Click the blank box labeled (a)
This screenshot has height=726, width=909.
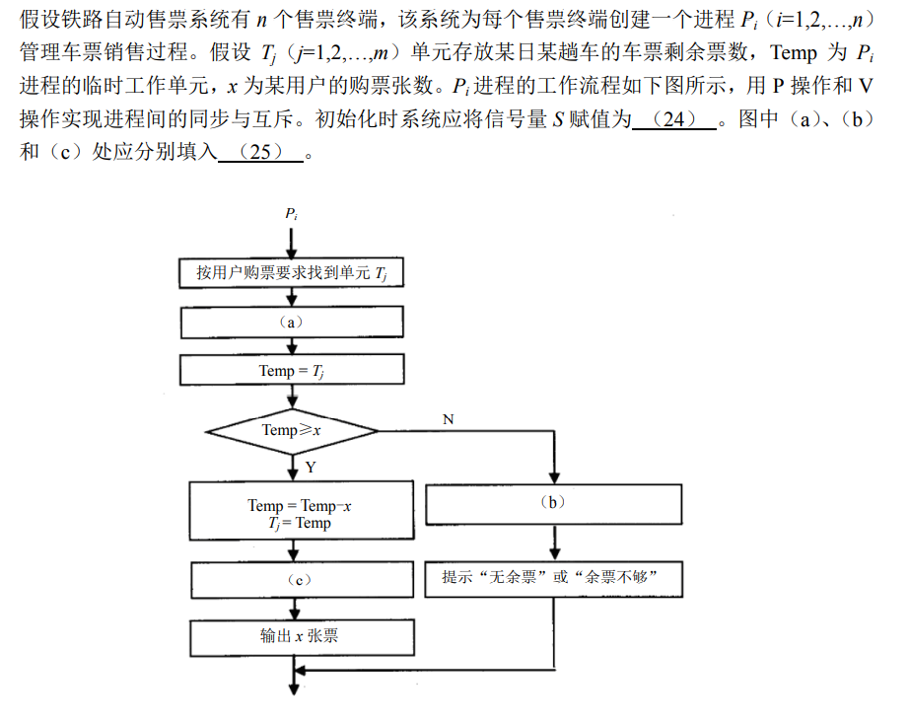[x=292, y=323]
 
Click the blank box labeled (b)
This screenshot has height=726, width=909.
[x=553, y=504]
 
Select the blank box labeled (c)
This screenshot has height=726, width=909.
[x=302, y=579]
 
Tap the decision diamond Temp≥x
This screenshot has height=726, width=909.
[x=292, y=430]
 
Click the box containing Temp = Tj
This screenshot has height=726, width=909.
[x=292, y=371]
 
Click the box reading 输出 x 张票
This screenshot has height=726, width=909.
[x=302, y=636]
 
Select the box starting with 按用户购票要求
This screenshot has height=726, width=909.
[x=292, y=272]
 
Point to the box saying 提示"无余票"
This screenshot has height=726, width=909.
[x=553, y=578]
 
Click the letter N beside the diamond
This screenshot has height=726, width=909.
[x=449, y=419]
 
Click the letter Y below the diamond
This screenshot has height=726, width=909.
[x=310, y=466]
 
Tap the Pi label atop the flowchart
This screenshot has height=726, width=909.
[x=292, y=213]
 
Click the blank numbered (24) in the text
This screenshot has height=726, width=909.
[x=674, y=120]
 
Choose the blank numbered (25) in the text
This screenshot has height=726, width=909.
[x=260, y=154]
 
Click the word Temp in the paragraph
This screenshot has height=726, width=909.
[x=793, y=53]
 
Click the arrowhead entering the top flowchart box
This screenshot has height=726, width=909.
[x=292, y=253]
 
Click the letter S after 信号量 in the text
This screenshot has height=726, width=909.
[x=557, y=120]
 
